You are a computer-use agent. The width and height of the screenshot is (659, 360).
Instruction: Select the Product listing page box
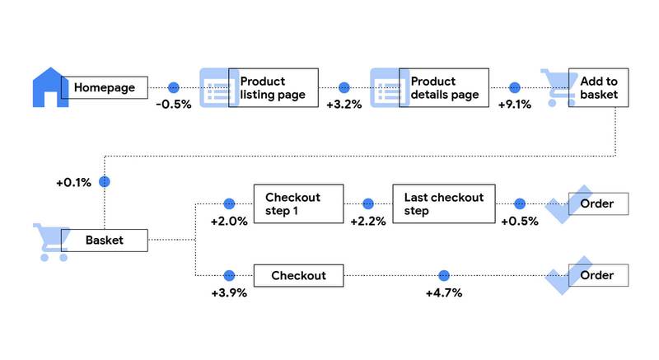pos(273,88)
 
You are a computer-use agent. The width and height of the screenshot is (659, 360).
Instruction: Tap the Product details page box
pos(443,88)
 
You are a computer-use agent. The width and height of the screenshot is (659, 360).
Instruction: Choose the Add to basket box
pos(592,88)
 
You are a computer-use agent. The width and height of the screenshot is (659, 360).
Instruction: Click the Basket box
pos(104,241)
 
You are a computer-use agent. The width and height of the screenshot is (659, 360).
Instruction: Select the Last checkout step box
pos(443,204)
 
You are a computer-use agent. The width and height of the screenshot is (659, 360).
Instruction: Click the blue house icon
pos(49,87)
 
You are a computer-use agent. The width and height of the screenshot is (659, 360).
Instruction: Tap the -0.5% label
pos(173,105)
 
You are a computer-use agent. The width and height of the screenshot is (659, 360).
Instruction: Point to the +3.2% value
pos(344,105)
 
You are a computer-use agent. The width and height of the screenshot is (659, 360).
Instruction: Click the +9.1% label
pos(515,105)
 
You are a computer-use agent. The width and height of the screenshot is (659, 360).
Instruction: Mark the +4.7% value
pos(444,292)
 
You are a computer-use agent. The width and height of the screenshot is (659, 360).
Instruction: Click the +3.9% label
pos(228,292)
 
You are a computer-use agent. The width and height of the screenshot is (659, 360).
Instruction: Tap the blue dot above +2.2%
pos(368,203)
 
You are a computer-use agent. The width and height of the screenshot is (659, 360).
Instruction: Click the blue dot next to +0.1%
pos(104,181)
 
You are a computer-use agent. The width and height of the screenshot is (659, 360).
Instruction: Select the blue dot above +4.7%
pos(444,275)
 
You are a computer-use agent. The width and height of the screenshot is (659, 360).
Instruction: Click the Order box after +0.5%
pos(597,204)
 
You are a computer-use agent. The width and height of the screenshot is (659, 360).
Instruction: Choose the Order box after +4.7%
pos(597,275)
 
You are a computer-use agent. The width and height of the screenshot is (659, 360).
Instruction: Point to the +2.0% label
pos(228,222)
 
